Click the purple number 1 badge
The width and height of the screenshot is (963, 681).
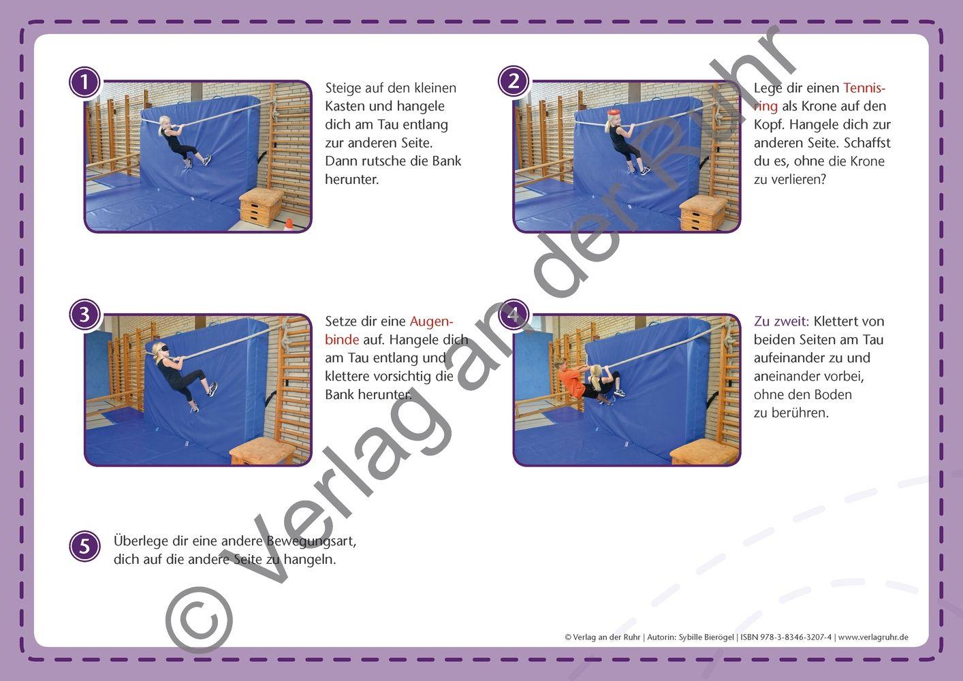[x=84, y=82]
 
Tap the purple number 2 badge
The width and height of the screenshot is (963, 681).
[x=514, y=82]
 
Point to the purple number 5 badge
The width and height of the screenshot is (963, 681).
[x=84, y=546]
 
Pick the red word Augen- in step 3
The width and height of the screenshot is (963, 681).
[x=431, y=321]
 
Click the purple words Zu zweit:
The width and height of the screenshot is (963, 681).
[x=781, y=321]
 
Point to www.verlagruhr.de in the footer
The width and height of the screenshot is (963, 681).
[x=872, y=637]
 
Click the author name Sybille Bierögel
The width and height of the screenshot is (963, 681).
[x=706, y=637]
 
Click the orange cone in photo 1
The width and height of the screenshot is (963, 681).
[x=289, y=224]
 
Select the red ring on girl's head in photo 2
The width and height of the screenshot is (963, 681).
[x=613, y=112]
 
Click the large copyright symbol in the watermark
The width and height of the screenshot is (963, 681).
[x=199, y=620]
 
